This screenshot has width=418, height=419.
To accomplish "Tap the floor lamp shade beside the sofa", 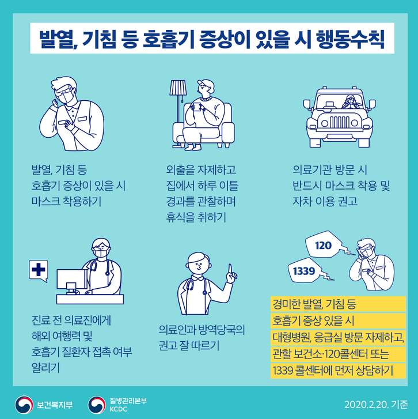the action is [178, 88].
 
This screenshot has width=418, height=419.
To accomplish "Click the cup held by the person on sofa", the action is [197, 107].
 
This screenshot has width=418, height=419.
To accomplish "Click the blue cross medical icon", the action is [39, 269].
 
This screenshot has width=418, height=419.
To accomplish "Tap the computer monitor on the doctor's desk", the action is [71, 280].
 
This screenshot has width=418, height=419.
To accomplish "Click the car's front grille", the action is [340, 122].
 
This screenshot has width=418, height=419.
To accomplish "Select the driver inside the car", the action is [350, 102].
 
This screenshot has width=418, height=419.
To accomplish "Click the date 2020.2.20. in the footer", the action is [366, 405].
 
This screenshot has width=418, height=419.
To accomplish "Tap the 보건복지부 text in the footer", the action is [55, 405].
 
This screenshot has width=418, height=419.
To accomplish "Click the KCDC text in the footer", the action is [118, 409].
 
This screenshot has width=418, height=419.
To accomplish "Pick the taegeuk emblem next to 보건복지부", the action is [24, 405].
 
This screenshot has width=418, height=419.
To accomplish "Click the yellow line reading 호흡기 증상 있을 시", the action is [313, 320].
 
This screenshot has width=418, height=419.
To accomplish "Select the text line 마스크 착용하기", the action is [66, 201].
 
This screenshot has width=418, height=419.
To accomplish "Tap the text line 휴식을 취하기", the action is [196, 217].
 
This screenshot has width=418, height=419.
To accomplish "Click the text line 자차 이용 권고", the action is [325, 201].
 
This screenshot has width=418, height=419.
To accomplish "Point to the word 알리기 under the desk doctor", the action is [45, 368].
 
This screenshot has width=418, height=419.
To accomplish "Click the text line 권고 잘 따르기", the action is [189, 345].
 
